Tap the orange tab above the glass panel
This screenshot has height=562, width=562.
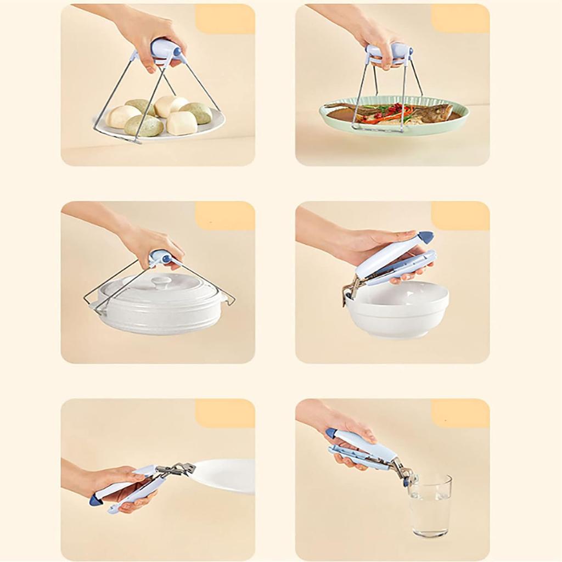click(x=460, y=413)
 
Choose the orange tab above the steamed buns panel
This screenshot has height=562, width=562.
click(x=225, y=19)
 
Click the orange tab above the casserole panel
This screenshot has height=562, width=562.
click(x=225, y=216)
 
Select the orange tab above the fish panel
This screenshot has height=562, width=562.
click(x=460, y=19)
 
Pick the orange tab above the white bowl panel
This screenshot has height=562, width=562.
click(x=460, y=216)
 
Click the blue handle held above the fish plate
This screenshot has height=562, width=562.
click(x=390, y=52)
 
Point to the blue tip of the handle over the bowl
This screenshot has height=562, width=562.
click(x=426, y=237)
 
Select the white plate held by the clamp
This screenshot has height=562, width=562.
click(x=225, y=475)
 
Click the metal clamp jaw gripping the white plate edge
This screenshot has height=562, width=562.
click(x=178, y=469)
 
